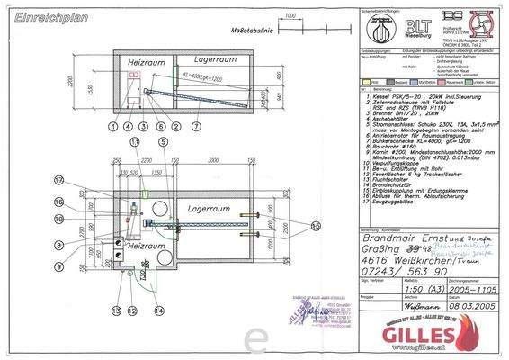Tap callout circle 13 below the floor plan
click(117, 310)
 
